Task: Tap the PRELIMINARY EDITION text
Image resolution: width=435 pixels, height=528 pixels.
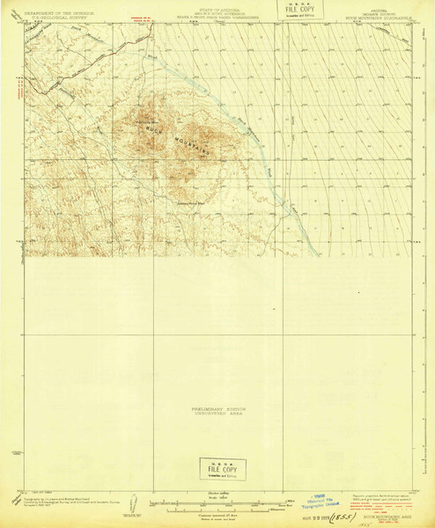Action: click(218, 407)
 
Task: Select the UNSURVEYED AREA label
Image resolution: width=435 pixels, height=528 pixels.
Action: click(218, 413)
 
